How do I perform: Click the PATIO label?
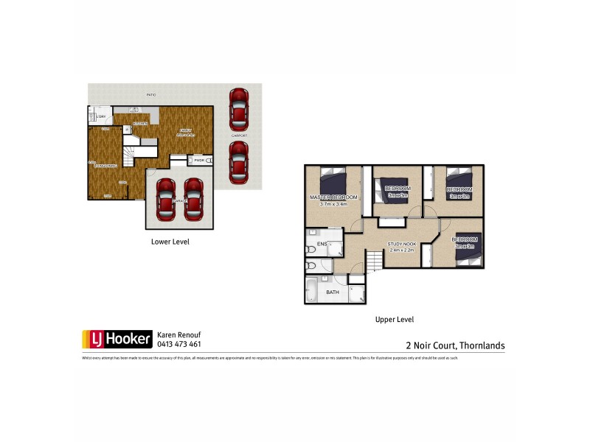pyautogui.click(x=150, y=95)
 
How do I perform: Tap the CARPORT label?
pyautogui.click(x=238, y=136)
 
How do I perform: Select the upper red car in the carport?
pyautogui.click(x=238, y=110)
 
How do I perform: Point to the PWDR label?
pyautogui.click(x=198, y=160)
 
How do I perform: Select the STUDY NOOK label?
pyautogui.click(x=402, y=245)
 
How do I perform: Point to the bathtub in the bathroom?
pyautogui.click(x=312, y=291)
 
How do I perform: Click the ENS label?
pyautogui.click(x=322, y=244)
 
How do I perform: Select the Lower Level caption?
pyautogui.click(x=170, y=241)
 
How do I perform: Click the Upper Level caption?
pyautogui.click(x=395, y=320)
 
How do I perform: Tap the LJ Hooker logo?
pyautogui.click(x=117, y=339)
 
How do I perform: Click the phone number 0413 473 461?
pyautogui.click(x=179, y=344)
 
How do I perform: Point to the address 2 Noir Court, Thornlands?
pyautogui.click(x=455, y=344)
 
